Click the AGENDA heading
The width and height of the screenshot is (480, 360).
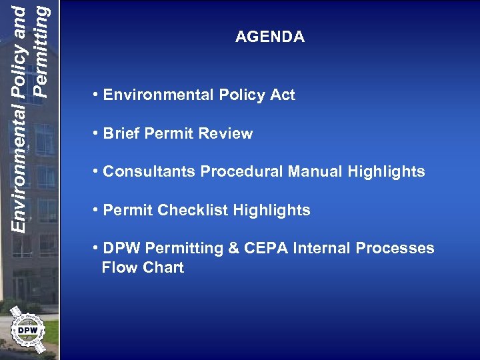269,37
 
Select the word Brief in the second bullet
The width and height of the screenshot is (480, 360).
121,133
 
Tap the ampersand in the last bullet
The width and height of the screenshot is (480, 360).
233,249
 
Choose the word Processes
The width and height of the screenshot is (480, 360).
395,249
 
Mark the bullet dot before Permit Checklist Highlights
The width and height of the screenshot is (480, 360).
97,210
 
